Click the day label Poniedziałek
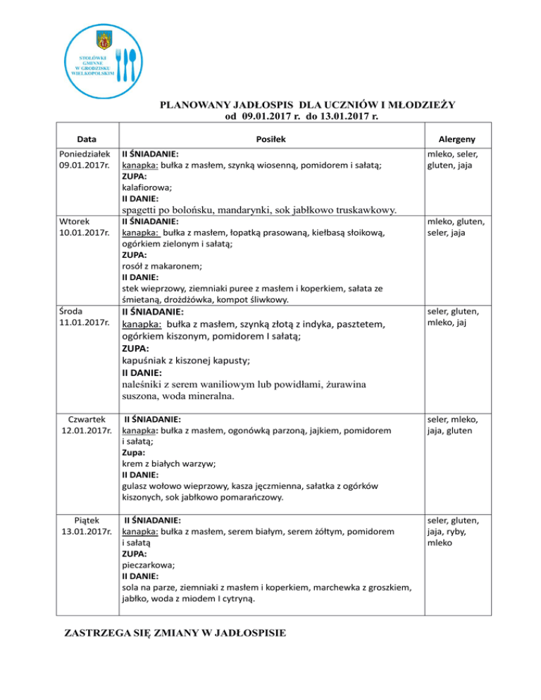coord(84,153)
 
